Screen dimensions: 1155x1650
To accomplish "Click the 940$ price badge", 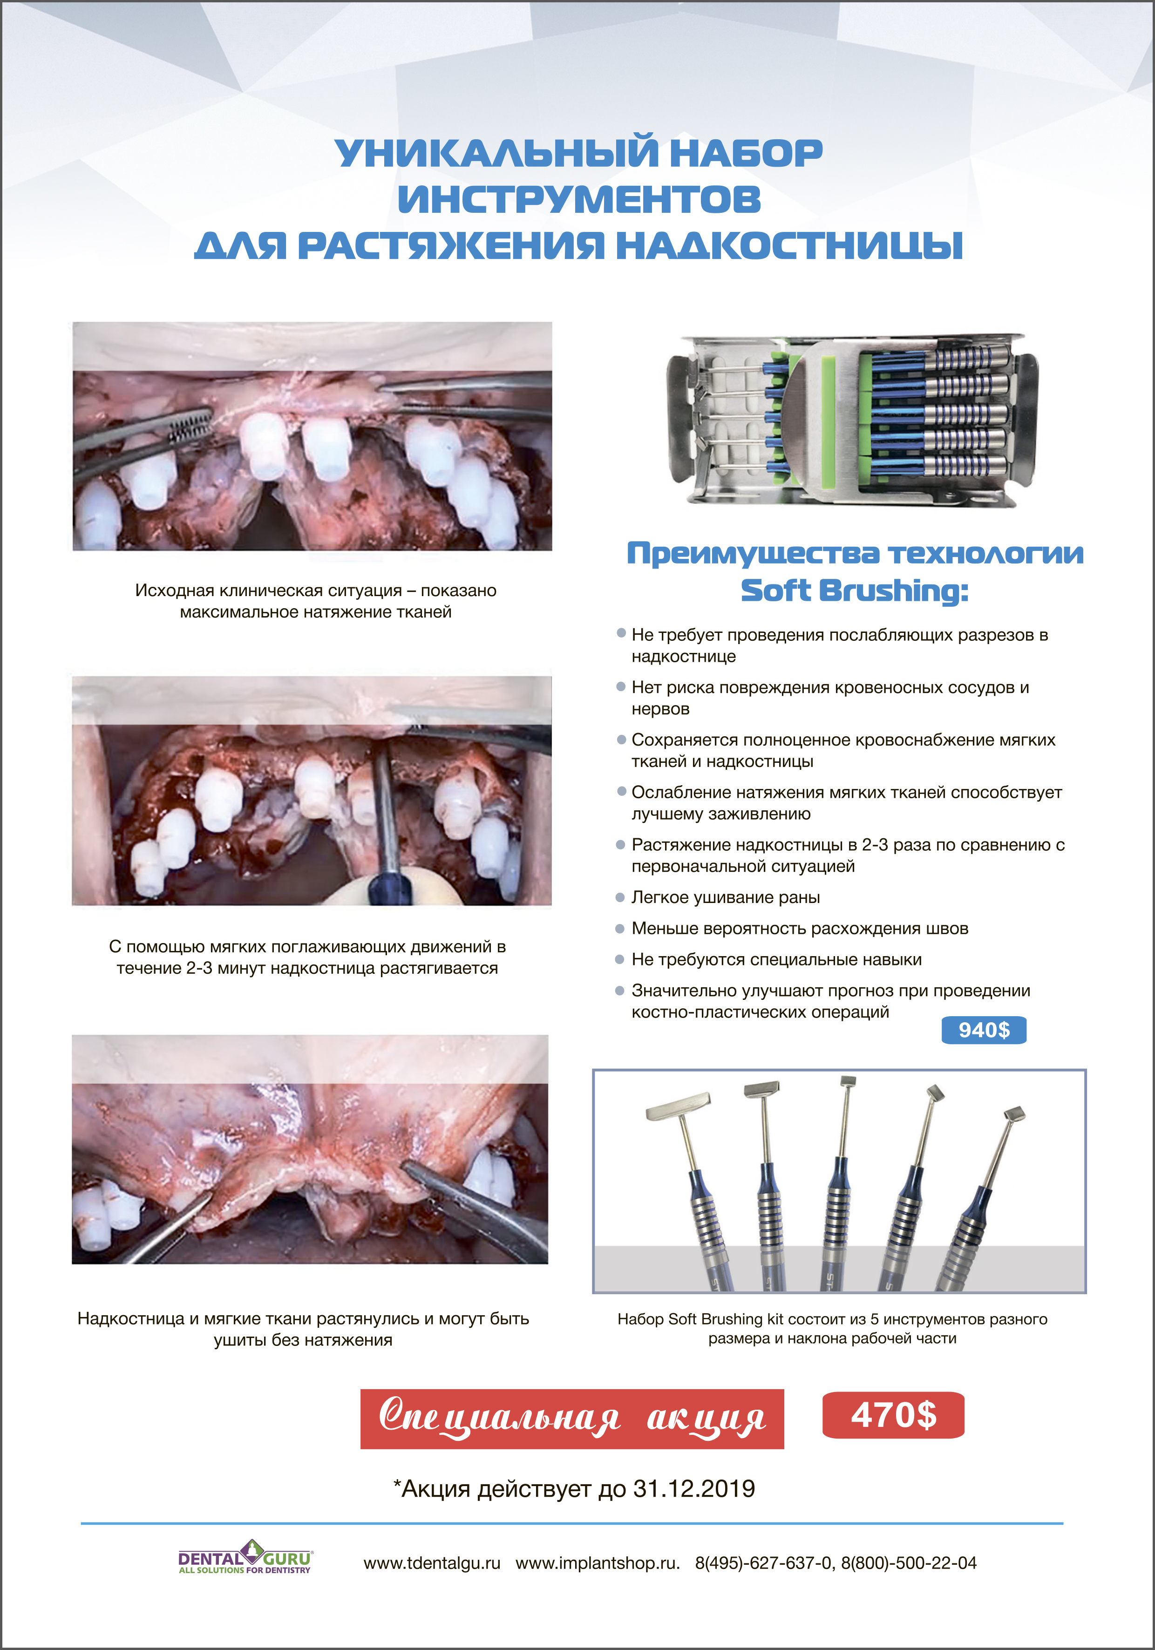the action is (x=983, y=1030).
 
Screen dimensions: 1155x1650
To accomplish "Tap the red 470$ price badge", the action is (x=893, y=1415).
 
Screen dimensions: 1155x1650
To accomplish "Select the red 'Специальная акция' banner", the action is (x=572, y=1419).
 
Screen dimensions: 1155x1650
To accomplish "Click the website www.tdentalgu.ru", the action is (x=432, y=1563).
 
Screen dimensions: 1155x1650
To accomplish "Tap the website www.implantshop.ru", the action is (x=597, y=1563).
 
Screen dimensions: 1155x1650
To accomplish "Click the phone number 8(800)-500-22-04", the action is (x=909, y=1563).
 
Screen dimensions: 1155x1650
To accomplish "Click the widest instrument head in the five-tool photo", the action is (x=679, y=1107).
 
